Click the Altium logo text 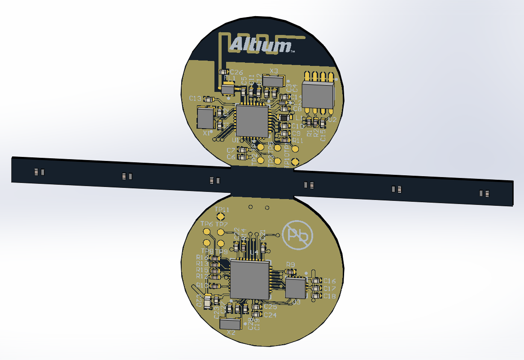(260, 46)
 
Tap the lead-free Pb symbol (298, 235)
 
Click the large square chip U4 (250, 280)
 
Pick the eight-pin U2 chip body (318, 95)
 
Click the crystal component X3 (273, 81)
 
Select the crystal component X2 (231, 323)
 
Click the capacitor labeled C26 (223, 72)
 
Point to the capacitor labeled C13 (209, 99)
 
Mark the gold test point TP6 (206, 232)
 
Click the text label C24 (270, 315)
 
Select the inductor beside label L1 (284, 117)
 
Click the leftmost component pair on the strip (39, 172)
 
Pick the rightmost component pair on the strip (484, 194)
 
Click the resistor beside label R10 (216, 286)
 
